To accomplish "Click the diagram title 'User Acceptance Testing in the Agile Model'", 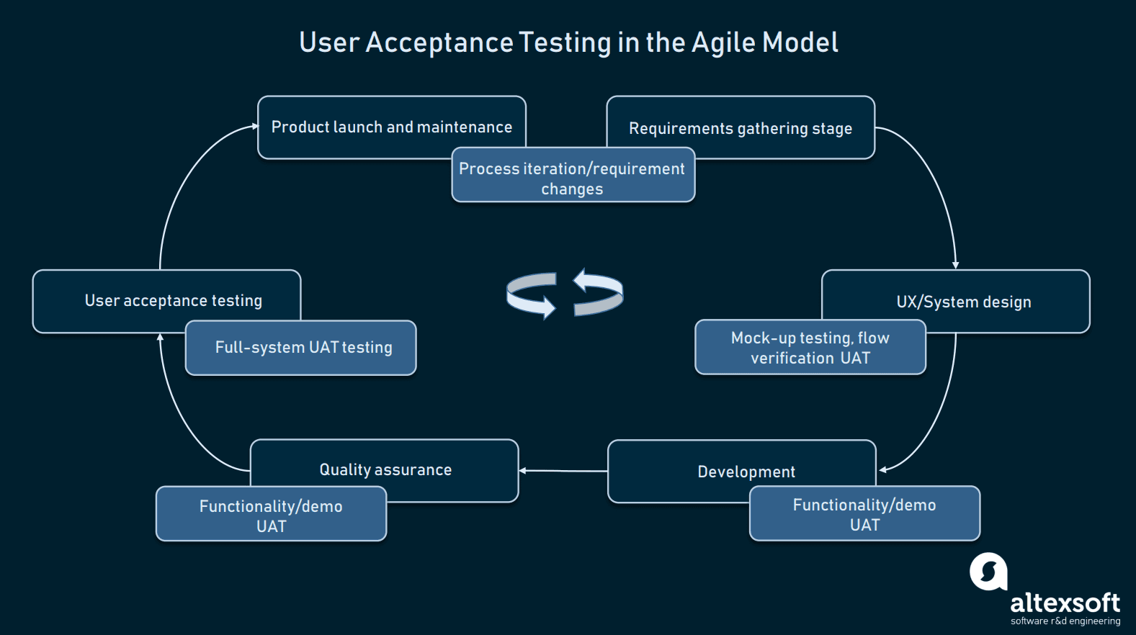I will pos(568,42).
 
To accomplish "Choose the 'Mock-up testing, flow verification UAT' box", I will pos(810,348).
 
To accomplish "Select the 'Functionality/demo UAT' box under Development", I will pos(864,514).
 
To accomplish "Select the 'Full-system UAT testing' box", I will pos(303,348).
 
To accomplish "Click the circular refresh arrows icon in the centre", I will pos(565,294).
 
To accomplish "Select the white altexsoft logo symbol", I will pos(988,572).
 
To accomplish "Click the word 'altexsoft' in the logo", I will pos(1065,603).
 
